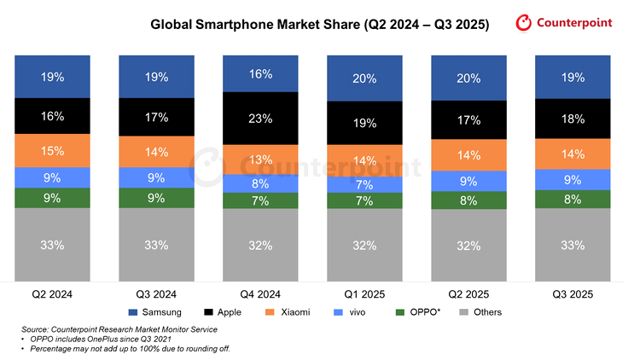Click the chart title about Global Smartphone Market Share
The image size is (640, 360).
(x=320, y=26)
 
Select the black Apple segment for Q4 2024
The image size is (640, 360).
(x=260, y=118)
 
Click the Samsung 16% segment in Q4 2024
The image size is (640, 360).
(x=260, y=74)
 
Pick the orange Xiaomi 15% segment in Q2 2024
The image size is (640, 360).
(x=52, y=150)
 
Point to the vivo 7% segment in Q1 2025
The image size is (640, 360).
(x=364, y=185)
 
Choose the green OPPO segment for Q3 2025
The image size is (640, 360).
(x=573, y=200)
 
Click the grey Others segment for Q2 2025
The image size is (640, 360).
(x=468, y=245)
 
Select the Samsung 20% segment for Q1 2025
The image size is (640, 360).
(x=364, y=79)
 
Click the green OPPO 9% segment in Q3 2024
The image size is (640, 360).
(x=156, y=197)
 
